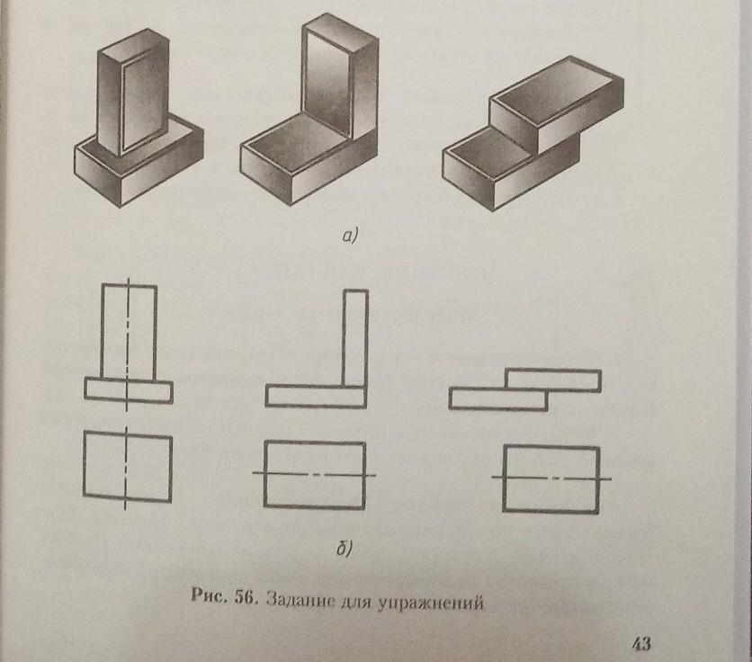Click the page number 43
coord(641,643)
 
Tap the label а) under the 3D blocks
coord(350,236)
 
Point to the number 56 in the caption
coord(246,598)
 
